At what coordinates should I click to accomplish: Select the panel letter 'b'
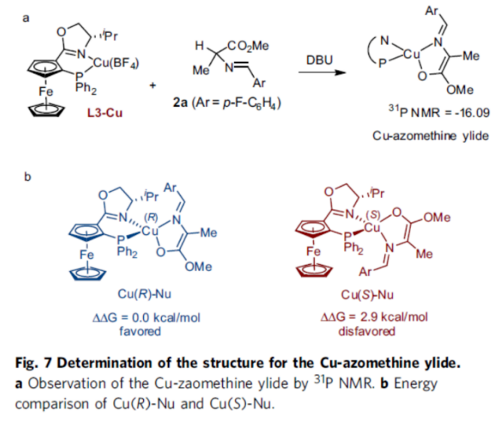coord(28,177)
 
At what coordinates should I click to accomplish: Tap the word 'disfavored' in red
coord(373,329)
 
